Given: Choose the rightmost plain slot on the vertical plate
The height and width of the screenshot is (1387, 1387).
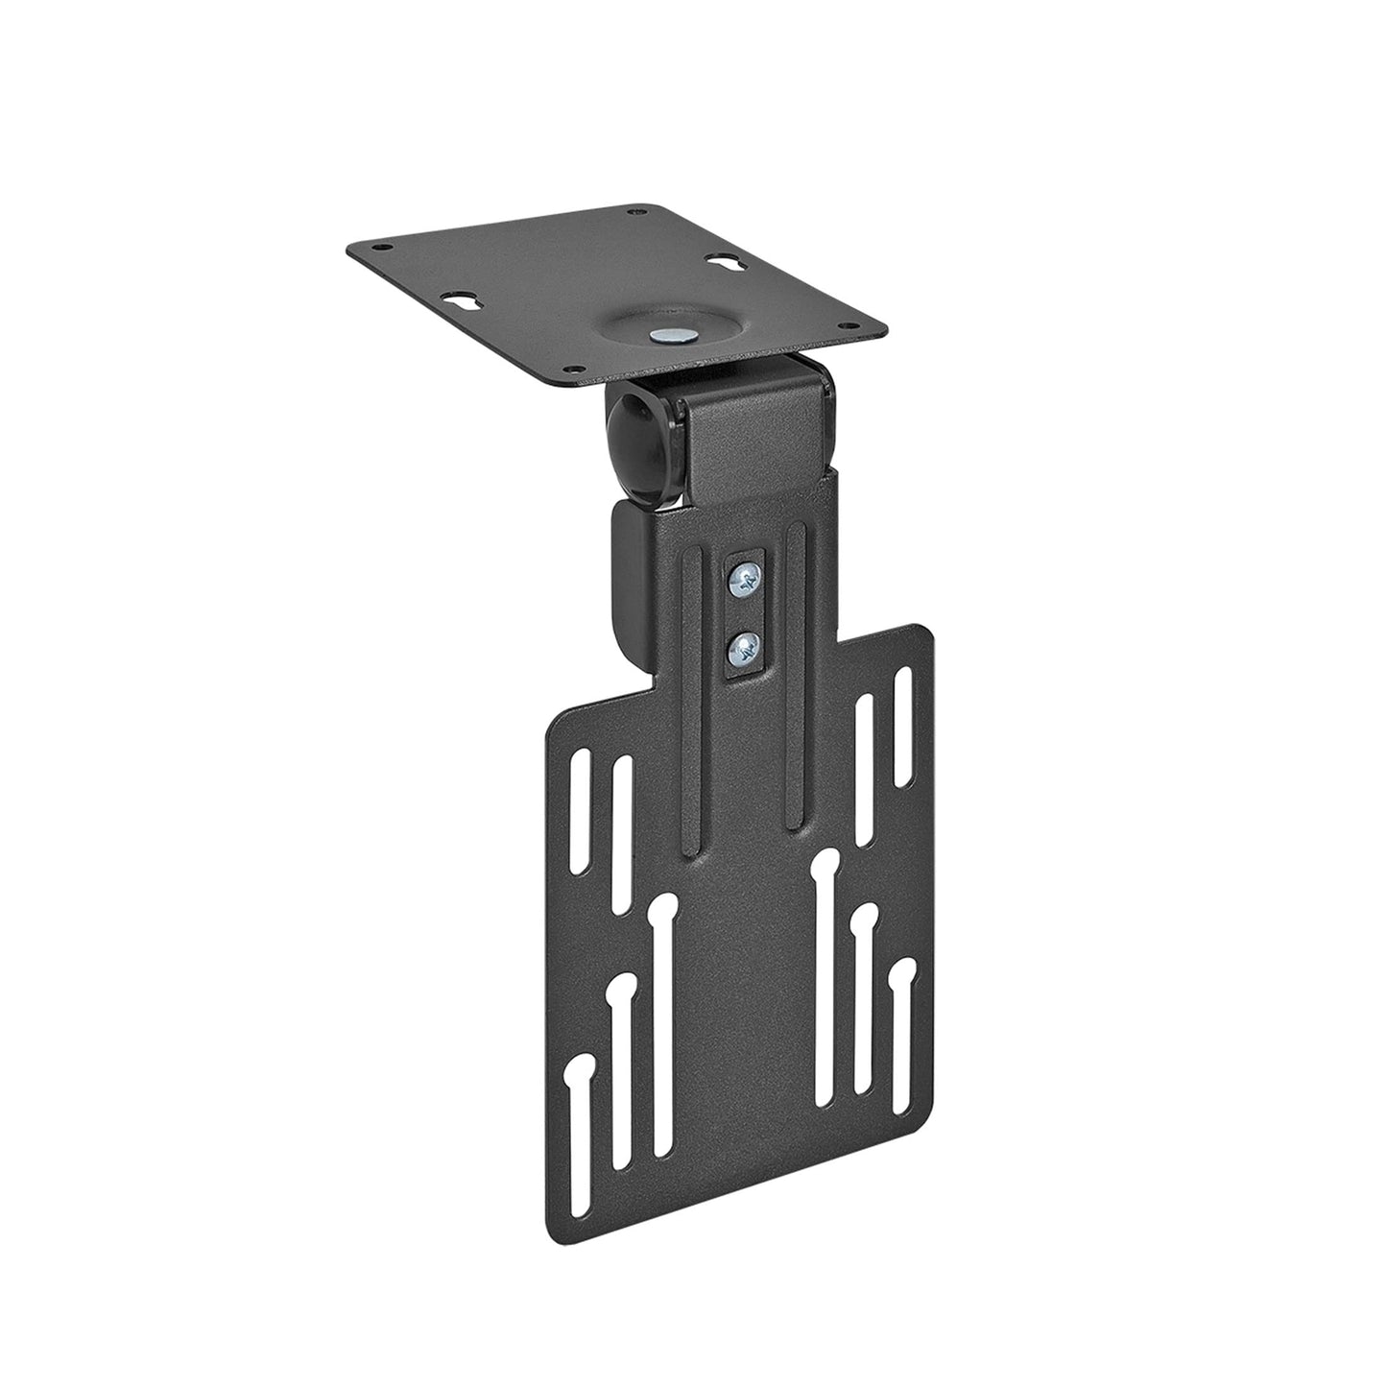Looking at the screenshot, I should pyautogui.click(x=902, y=726).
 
